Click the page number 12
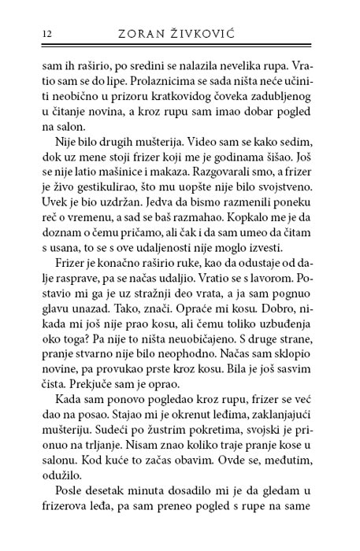(x=26, y=34)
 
